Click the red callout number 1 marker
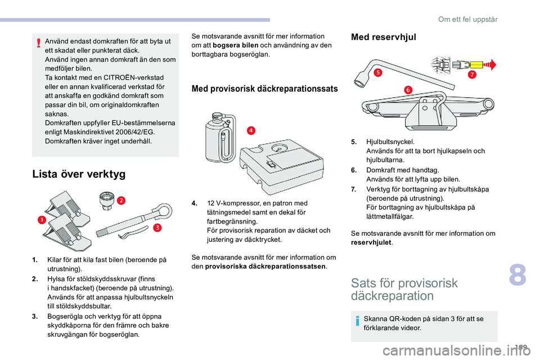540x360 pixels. click(41, 220)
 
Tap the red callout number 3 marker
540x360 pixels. click(157, 227)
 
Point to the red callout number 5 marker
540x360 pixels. click(378, 73)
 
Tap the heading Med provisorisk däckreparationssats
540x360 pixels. click(265, 88)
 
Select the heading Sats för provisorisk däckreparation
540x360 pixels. click(404, 289)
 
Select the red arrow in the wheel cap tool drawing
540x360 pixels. click(489, 64)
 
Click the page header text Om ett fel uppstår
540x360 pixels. click(467, 19)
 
